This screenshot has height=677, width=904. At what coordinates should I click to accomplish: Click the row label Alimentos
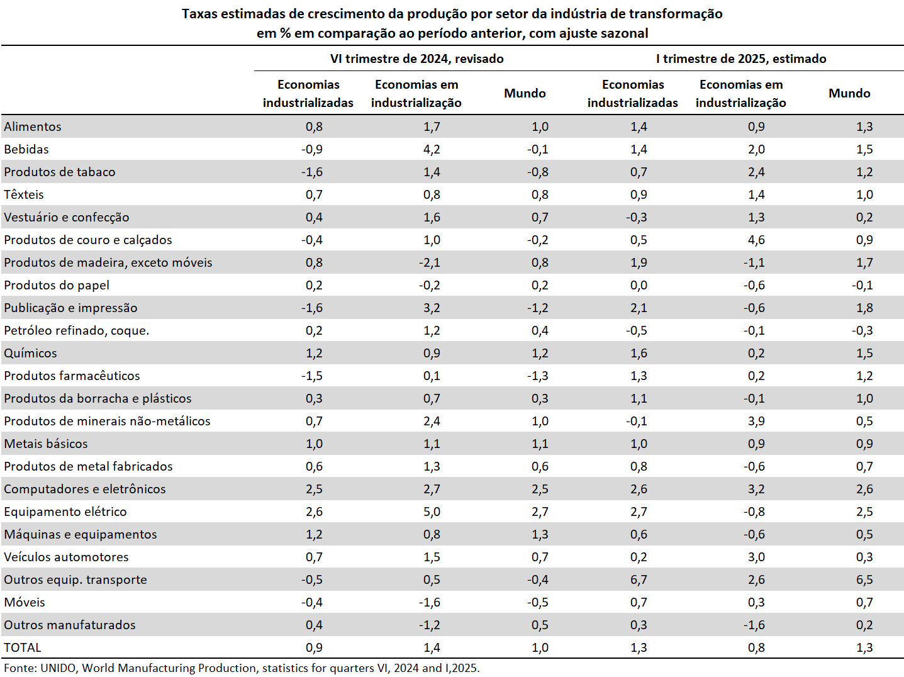33,126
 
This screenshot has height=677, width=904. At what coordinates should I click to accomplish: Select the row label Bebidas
26,149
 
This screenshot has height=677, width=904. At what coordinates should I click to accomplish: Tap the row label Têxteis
24,194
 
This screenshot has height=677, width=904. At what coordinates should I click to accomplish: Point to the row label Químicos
30,353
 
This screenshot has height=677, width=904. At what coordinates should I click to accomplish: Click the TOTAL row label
23,647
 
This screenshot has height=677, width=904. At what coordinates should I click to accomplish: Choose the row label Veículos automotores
66,557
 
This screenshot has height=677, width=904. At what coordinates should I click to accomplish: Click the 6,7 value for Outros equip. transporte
639,579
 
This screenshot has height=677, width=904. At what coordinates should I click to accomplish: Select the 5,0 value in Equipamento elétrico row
432,512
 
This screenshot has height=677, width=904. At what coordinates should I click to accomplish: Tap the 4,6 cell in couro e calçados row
756,240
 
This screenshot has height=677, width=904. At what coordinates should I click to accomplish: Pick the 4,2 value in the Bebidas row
432,149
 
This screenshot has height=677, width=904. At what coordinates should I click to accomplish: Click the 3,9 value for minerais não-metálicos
756,421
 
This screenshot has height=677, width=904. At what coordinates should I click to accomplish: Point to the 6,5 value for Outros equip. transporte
864,579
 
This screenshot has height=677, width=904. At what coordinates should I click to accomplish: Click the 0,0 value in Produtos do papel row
639,285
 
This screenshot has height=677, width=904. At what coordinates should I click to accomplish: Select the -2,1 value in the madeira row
429,262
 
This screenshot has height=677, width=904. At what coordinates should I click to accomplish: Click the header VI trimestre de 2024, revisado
417,59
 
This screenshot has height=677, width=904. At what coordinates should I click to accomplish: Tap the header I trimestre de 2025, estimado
741,59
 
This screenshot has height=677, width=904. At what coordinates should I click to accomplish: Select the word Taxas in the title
200,14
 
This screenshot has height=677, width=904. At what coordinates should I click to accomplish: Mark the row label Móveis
25,602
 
